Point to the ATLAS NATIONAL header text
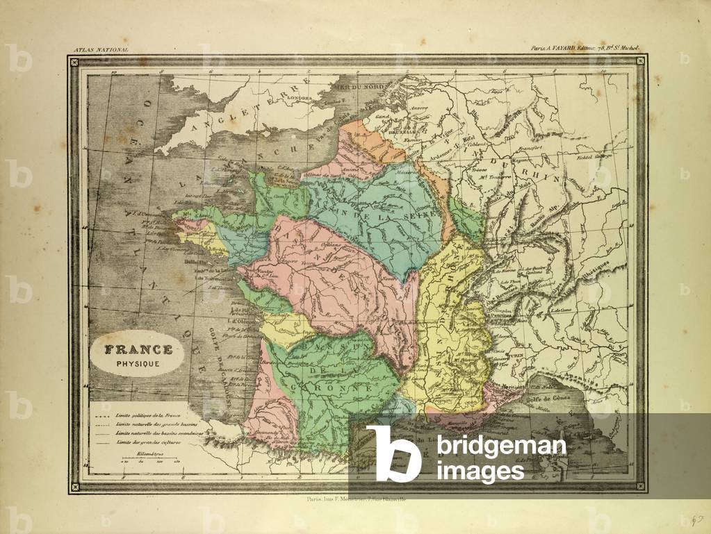coord(101,51)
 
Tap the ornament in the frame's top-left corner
coord(74,61)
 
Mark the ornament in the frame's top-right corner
coord(640,61)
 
